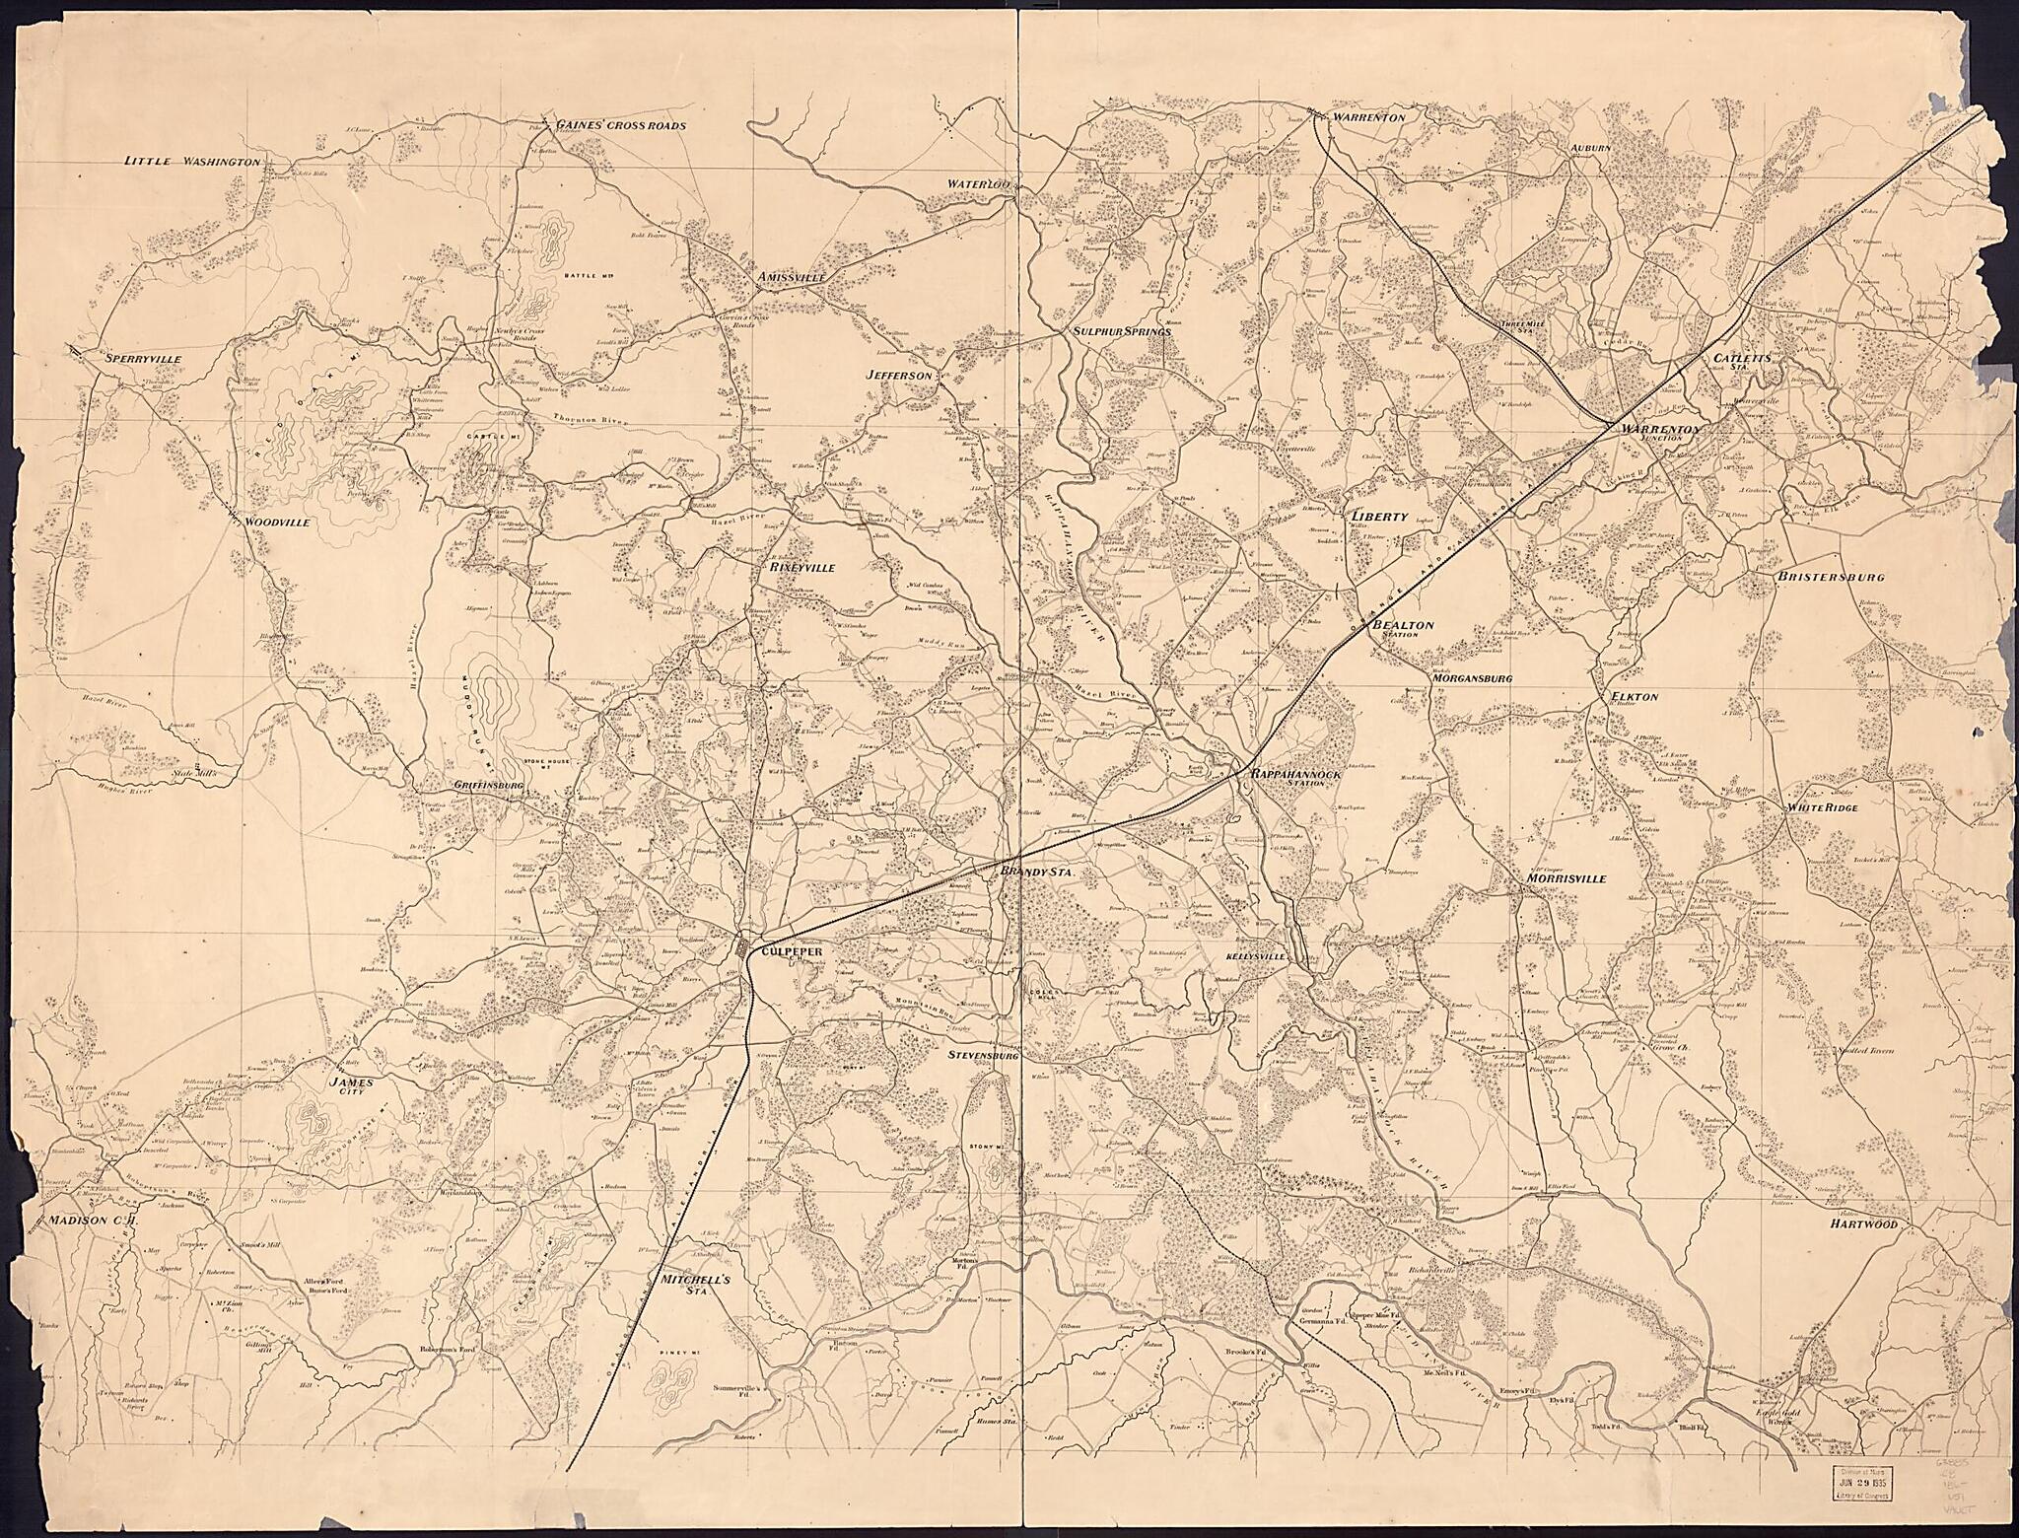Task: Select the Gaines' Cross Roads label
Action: [620, 125]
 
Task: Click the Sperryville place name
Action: [143, 359]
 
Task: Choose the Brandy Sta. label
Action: [1035, 874]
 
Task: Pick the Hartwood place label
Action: [1863, 1223]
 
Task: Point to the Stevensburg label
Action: [981, 1055]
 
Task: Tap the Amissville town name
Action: [791, 278]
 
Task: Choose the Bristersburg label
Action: [1832, 577]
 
